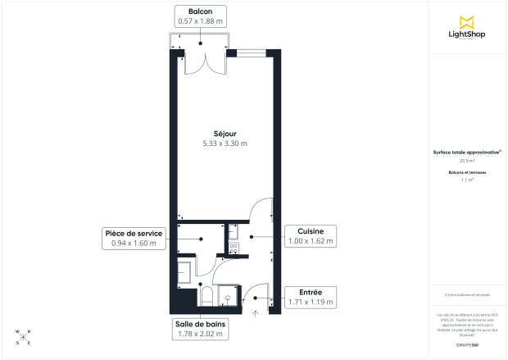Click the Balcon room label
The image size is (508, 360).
[x=200, y=11]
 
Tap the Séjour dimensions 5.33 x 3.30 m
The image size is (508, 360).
[x=225, y=144]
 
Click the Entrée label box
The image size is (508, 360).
[x=310, y=297]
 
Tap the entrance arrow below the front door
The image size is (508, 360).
[x=255, y=312]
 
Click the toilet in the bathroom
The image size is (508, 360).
[x=206, y=296]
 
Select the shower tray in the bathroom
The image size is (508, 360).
[x=229, y=294]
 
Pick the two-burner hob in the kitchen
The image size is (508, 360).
[x=233, y=245]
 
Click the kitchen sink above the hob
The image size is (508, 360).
[x=233, y=230]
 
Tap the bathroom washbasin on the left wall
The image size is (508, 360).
[x=184, y=267]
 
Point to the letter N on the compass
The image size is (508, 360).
[x=29, y=331]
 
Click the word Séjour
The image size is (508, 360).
[x=225, y=133]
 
